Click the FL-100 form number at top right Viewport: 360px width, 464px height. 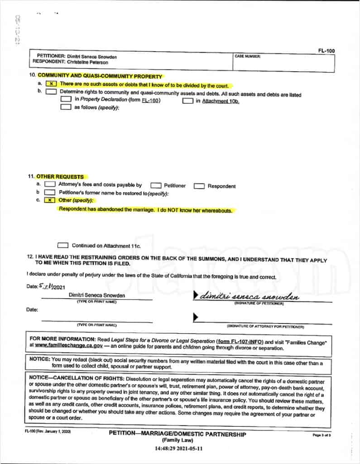(326, 51)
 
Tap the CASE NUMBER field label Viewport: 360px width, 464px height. (247, 56)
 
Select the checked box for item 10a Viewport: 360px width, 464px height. (52, 85)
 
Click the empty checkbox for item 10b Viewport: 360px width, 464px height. (51, 92)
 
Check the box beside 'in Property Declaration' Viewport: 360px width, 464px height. (66, 100)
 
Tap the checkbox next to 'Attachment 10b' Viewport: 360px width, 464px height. (187, 101)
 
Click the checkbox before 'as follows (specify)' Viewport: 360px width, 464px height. (66, 108)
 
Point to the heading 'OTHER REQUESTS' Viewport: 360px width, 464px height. (60, 176)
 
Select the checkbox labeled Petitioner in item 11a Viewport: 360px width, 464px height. (156, 186)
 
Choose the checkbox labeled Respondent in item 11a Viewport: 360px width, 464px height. (199, 186)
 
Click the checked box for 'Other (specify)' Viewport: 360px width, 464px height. (51, 200)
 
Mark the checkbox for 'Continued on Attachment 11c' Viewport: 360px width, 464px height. (63, 246)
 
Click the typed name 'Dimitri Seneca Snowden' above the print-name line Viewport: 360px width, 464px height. (97, 295)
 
